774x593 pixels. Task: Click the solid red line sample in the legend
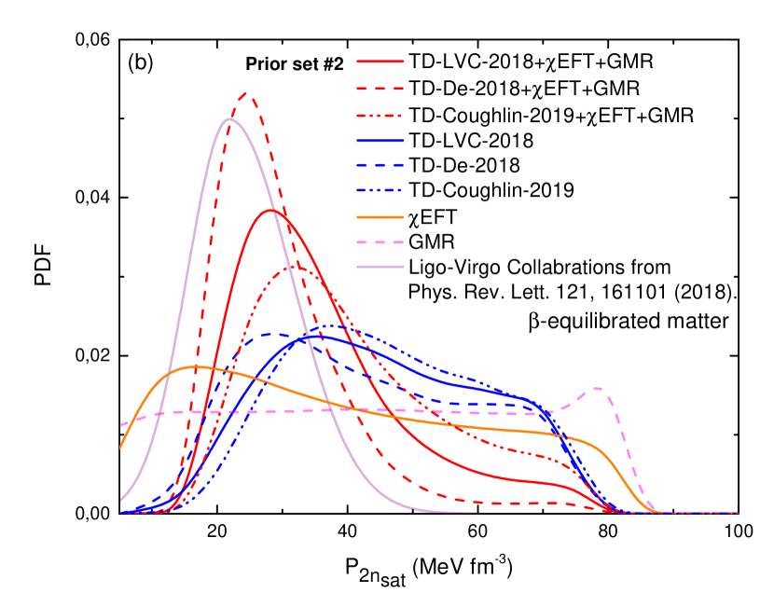click(380, 62)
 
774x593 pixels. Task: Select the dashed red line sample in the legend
click(380, 89)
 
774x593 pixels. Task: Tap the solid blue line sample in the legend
click(380, 141)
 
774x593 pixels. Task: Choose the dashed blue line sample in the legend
click(380, 165)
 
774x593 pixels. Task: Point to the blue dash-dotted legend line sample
click(380, 190)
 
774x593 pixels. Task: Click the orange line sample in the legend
click(380, 217)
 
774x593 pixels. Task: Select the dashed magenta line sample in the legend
click(380, 242)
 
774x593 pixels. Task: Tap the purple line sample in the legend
click(380, 267)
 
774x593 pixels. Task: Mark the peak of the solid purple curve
click(229, 118)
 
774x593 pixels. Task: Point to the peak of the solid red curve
click(271, 210)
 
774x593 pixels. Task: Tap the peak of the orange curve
click(194, 366)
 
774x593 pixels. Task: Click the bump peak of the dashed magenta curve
click(597, 388)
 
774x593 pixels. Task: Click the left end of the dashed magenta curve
click(120, 426)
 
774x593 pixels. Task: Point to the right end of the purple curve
click(478, 512)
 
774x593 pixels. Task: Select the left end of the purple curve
click(120, 500)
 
